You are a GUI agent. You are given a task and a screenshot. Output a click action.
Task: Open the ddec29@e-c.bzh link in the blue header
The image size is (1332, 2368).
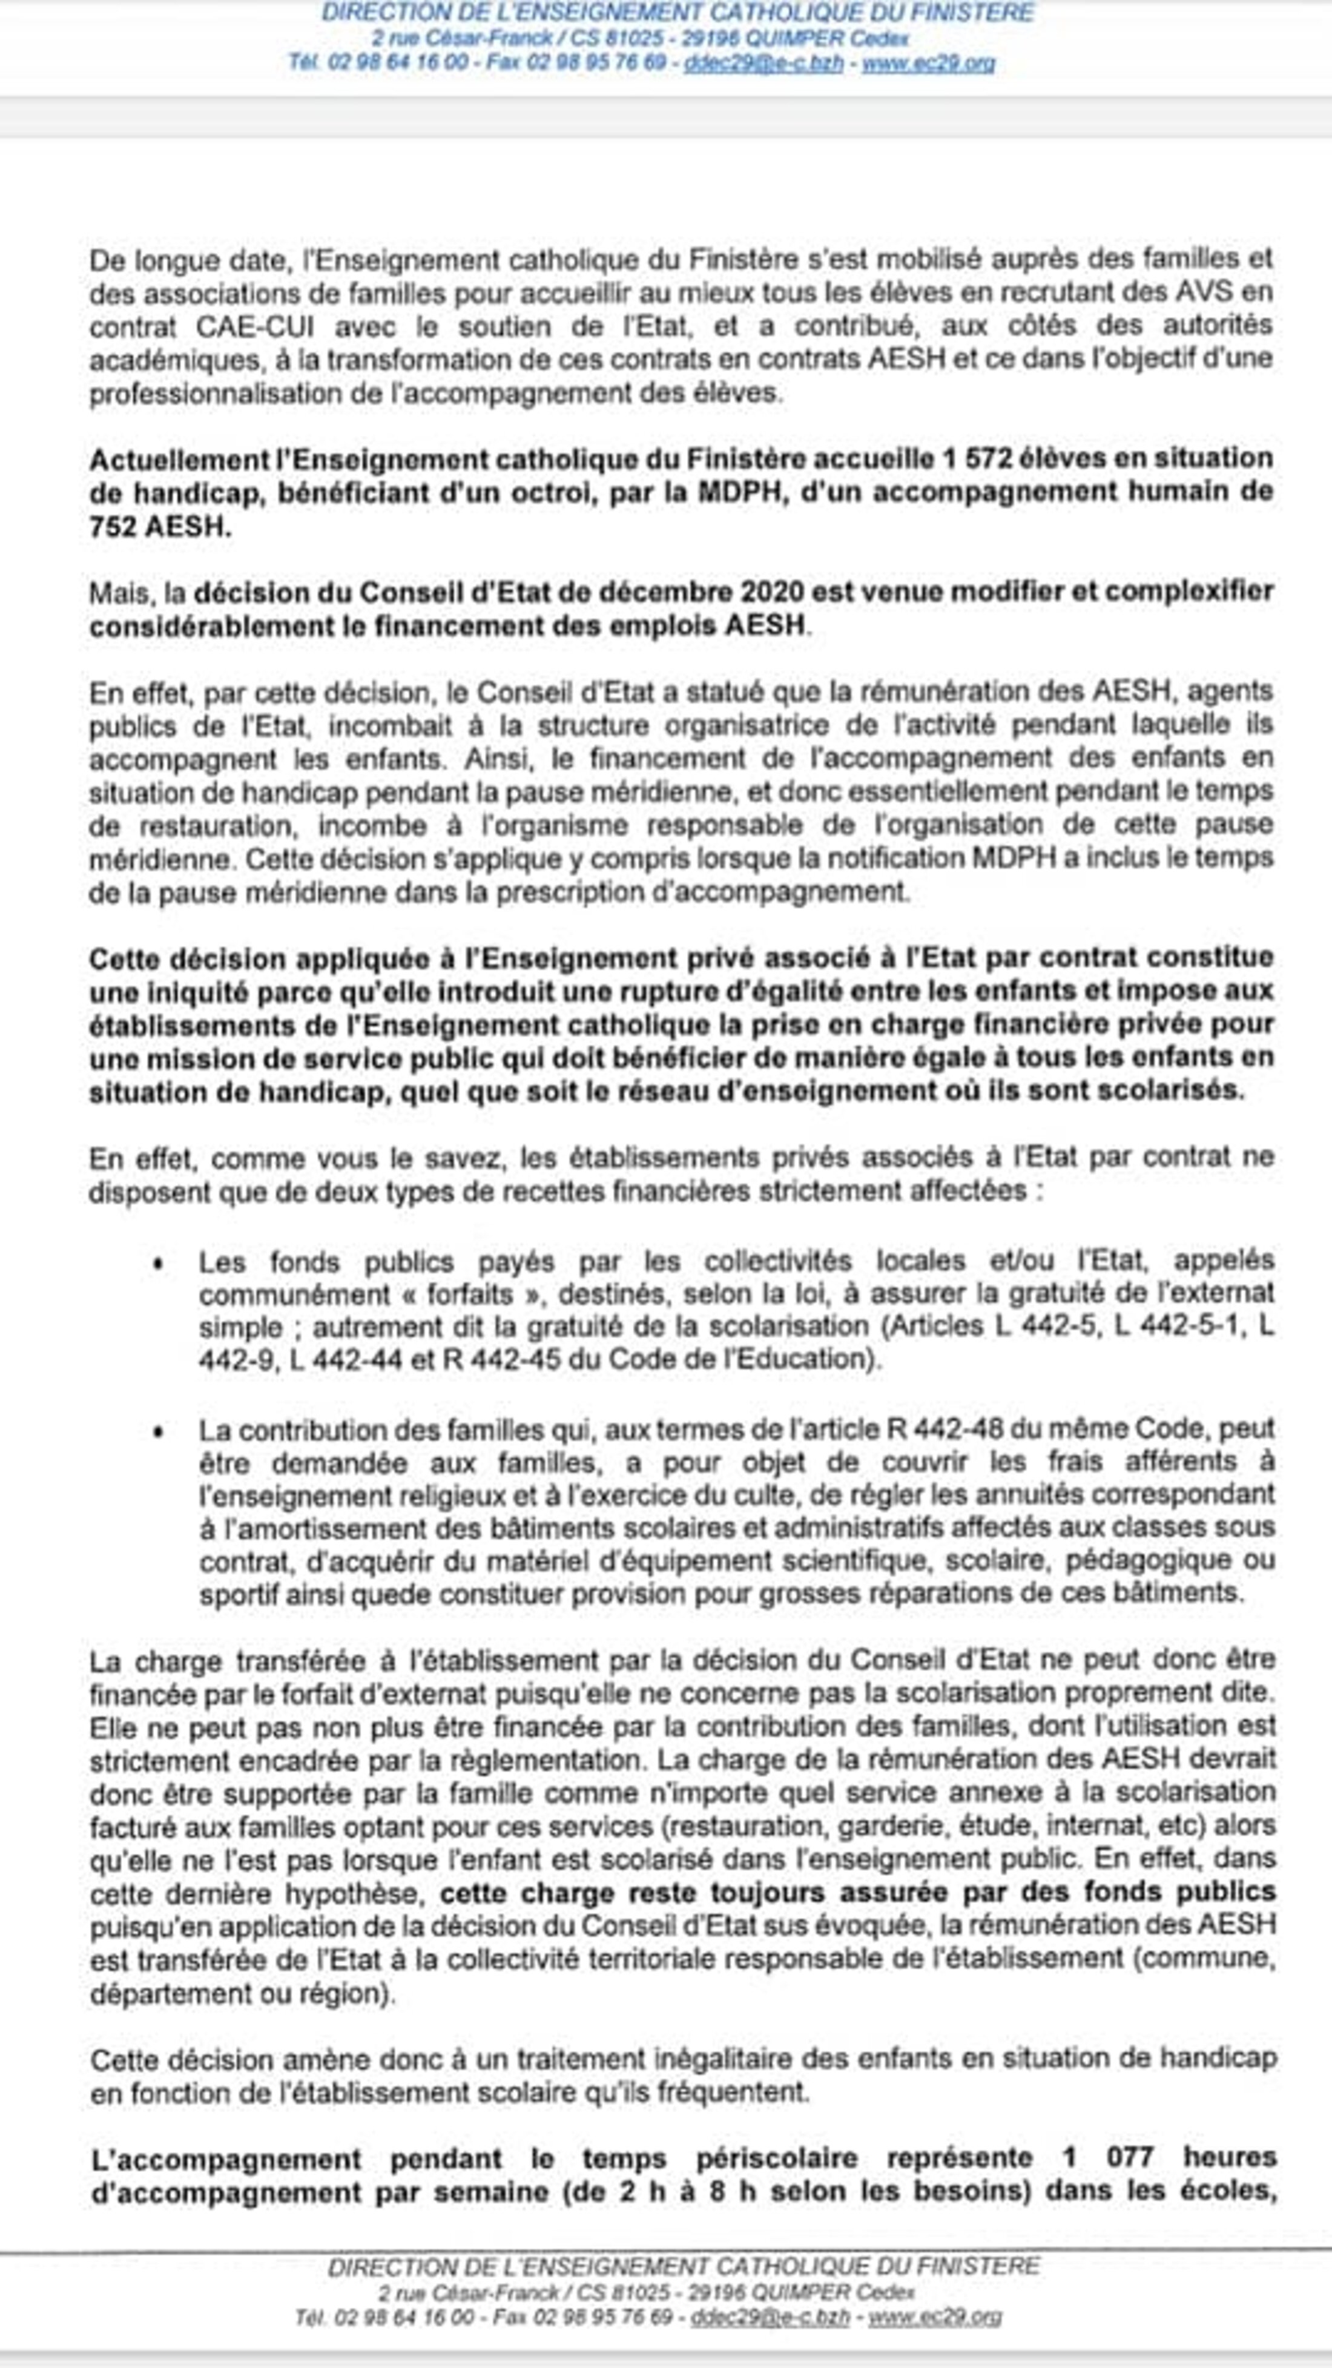coord(763,64)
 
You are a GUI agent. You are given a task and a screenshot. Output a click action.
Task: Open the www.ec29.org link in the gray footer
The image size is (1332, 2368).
coord(935,2317)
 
